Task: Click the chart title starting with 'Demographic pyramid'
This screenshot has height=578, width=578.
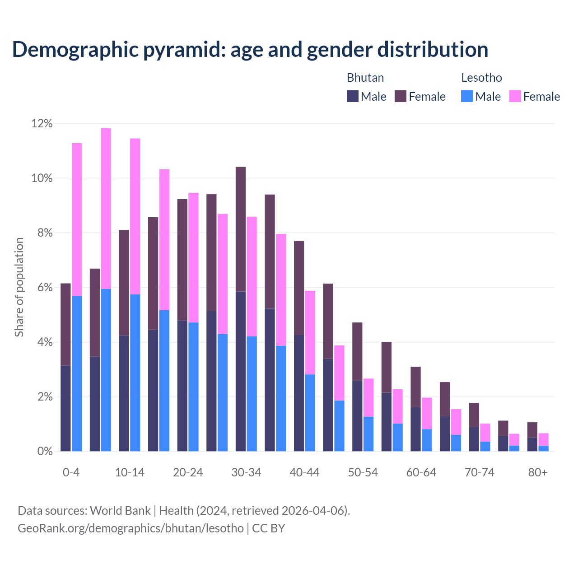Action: (x=250, y=49)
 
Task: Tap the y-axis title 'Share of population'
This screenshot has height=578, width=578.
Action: (x=19, y=287)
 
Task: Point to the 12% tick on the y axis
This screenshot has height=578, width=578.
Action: (x=42, y=123)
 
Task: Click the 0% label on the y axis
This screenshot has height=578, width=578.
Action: (x=44, y=452)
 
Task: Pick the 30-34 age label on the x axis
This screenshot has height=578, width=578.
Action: (x=246, y=473)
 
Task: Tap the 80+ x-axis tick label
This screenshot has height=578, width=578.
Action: (x=538, y=473)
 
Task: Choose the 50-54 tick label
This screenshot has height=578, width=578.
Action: (x=363, y=473)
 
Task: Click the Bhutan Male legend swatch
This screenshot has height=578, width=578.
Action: (x=353, y=96)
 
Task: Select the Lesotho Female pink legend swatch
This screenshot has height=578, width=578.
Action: (x=515, y=96)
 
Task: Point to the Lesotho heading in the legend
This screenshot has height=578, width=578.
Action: (x=481, y=78)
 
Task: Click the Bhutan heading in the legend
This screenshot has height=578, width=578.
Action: (x=365, y=78)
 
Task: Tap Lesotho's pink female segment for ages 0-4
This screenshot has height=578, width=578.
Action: (x=77, y=219)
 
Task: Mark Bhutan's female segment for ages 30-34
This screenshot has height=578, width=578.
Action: (x=241, y=229)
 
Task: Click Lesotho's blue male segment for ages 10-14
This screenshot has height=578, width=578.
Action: (x=135, y=373)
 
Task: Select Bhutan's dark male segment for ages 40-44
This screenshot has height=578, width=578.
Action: (x=299, y=393)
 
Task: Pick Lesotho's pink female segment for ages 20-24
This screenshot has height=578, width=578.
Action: (x=193, y=257)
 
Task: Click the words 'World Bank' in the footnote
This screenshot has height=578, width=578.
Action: (x=121, y=511)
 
